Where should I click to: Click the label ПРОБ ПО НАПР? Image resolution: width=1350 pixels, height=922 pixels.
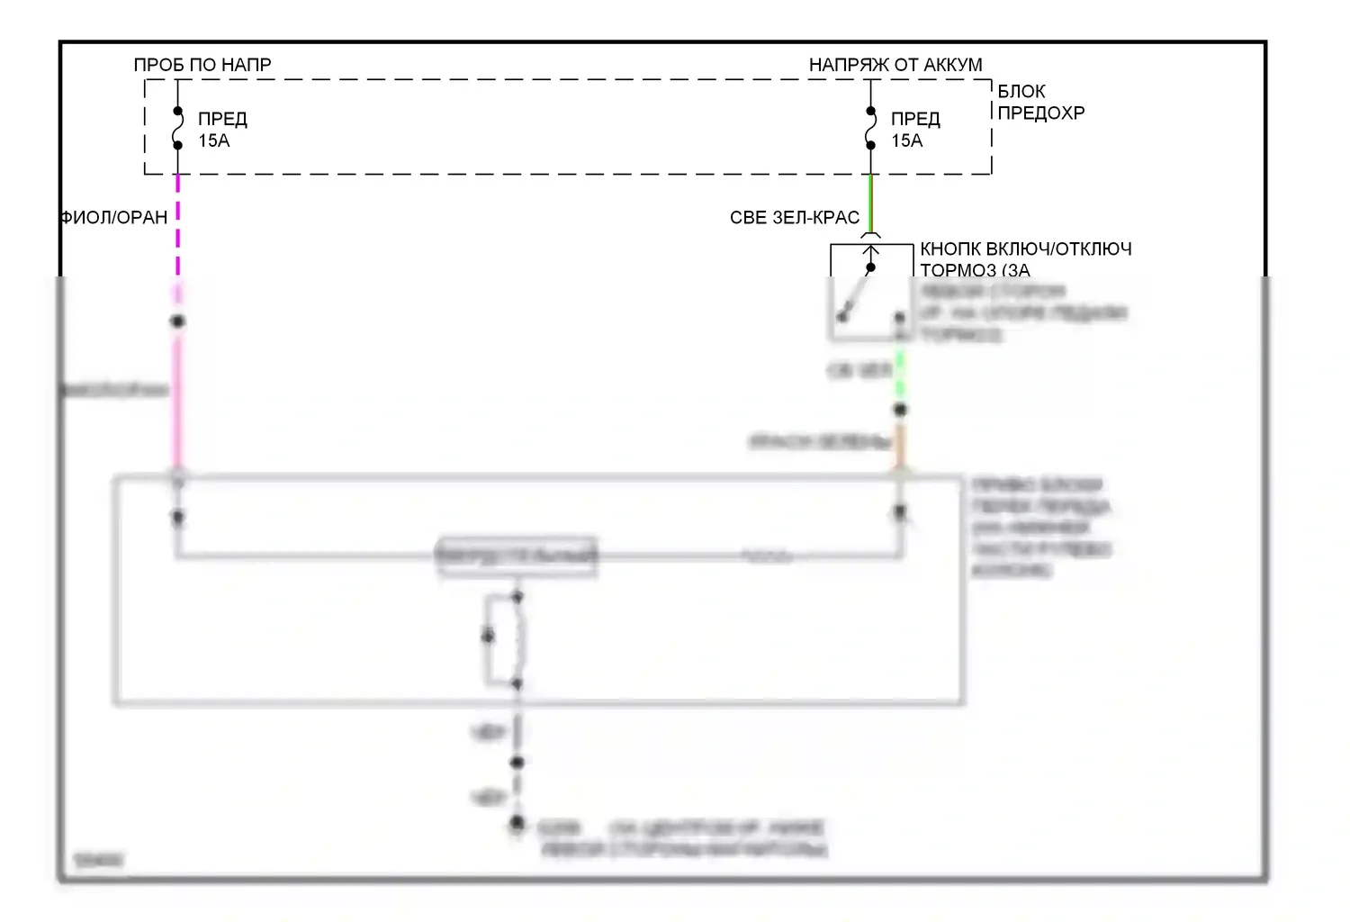point(202,65)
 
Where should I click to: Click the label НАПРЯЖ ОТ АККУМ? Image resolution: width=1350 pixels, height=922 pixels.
point(895,65)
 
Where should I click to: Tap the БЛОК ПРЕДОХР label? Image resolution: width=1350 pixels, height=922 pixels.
point(1040,102)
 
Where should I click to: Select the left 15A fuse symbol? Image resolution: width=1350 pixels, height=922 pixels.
point(177,128)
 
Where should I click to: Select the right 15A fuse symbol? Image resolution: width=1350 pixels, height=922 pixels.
point(870,128)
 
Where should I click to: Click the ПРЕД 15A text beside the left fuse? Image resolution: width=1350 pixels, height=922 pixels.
point(222,130)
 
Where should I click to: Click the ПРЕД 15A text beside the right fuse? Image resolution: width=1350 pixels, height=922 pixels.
point(915,130)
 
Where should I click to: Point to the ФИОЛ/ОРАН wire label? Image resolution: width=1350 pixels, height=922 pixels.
point(114,218)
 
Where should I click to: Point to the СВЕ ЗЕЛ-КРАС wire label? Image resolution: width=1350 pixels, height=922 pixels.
point(794,218)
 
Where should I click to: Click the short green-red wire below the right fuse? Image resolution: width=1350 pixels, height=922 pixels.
point(870,203)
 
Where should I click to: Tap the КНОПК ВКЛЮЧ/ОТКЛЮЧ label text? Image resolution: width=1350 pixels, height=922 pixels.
point(1025,249)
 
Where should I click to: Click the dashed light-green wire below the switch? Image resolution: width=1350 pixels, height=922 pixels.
point(899,378)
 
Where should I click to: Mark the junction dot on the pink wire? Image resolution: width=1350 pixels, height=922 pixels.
point(177,321)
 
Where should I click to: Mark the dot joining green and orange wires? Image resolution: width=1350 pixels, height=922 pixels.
point(899,410)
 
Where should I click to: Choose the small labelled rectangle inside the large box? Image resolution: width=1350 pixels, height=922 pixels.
point(517,556)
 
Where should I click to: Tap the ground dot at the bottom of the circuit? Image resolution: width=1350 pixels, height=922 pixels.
point(517,823)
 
